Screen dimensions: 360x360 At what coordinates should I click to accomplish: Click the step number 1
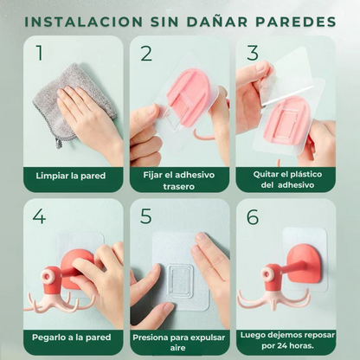[x=39, y=54]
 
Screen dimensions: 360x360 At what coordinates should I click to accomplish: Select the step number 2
[x=146, y=54]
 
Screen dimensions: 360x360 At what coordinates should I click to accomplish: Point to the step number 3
[x=252, y=53]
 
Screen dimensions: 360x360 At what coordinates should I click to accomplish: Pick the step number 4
[x=39, y=216]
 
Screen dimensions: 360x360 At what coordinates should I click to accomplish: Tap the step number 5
[x=146, y=216]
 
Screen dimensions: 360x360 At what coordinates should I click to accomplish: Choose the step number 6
[x=252, y=216]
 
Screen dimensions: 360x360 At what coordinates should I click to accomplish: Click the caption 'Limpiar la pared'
[x=71, y=176]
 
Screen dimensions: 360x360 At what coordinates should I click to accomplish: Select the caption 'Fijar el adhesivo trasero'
[x=179, y=180]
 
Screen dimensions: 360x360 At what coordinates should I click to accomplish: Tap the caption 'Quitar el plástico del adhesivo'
[x=286, y=180]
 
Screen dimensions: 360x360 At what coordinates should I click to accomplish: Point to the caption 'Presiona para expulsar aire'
[x=179, y=341]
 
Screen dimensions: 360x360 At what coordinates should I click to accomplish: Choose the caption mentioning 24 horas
[x=286, y=341]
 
